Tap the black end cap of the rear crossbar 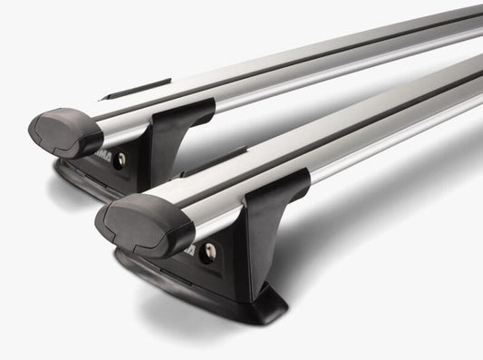coord(65,131)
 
